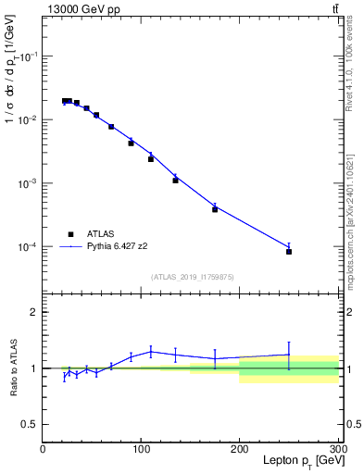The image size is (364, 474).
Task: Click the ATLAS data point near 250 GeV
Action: coord(289,251)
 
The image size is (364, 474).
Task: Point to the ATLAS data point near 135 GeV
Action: coord(175,181)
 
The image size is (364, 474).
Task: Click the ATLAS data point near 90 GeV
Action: coord(131,143)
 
